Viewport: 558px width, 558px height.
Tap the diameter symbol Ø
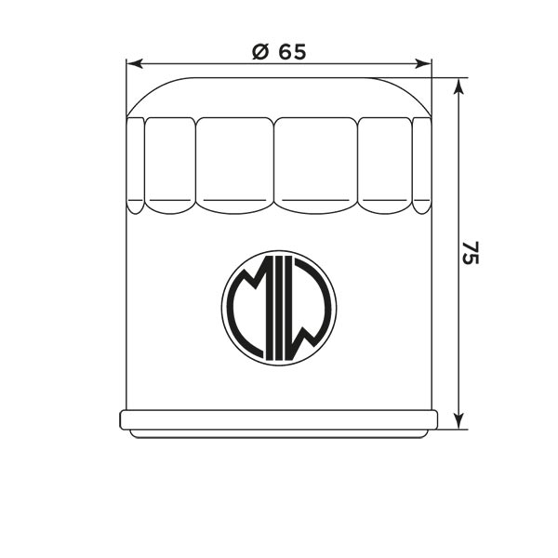pos(260,52)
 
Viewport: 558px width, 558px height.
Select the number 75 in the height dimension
pos(472,254)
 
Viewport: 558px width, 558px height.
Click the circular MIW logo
pos(279,307)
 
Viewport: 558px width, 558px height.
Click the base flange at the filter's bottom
pos(279,419)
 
